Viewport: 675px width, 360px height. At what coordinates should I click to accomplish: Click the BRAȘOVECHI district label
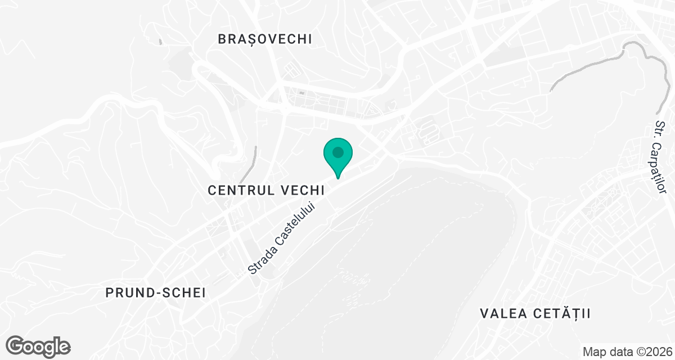point(264,39)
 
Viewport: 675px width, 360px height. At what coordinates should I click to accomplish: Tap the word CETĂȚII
point(561,313)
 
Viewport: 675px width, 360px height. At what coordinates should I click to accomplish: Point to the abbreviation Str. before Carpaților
point(660,127)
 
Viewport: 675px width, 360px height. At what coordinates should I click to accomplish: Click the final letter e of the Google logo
point(64,346)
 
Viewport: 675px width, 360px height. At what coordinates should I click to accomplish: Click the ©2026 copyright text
point(651,352)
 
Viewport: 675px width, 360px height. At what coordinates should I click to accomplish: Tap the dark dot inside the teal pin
point(337,152)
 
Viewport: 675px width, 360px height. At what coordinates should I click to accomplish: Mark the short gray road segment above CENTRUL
point(254,157)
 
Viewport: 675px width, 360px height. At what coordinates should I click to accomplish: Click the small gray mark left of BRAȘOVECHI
point(160,42)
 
